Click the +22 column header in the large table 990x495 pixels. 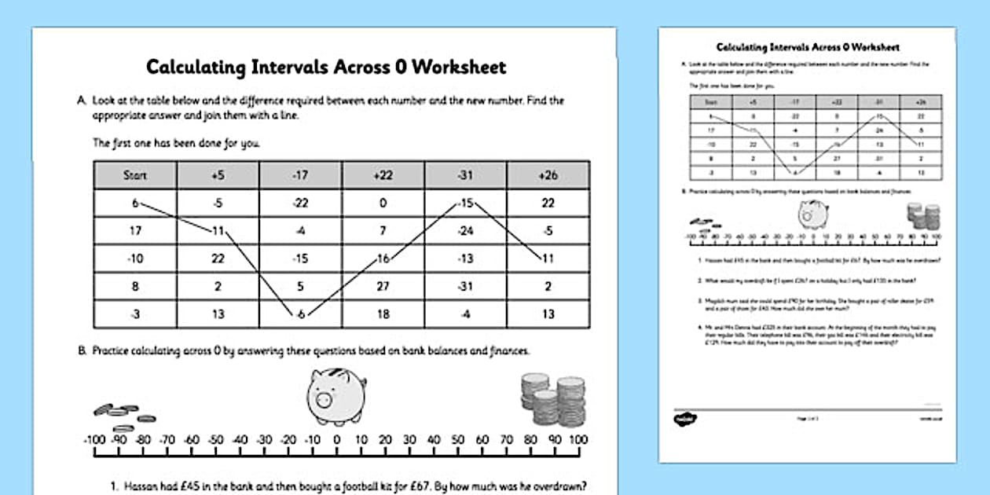click(383, 175)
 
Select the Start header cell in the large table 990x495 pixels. click(135, 175)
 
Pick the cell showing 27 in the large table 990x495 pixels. click(383, 286)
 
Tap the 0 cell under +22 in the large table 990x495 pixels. click(383, 203)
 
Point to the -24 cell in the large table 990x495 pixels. click(465, 231)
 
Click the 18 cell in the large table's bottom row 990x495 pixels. click(383, 314)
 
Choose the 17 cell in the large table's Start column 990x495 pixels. click(135, 231)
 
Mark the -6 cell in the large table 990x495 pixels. click(300, 314)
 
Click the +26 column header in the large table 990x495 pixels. click(548, 175)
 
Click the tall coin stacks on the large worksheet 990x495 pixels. click(554, 399)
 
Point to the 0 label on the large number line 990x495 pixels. click(336, 440)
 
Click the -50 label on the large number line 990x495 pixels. click(216, 440)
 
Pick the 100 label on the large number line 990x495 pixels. click(577, 440)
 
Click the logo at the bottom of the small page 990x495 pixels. click(680, 419)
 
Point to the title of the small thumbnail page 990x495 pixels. click(808, 47)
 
